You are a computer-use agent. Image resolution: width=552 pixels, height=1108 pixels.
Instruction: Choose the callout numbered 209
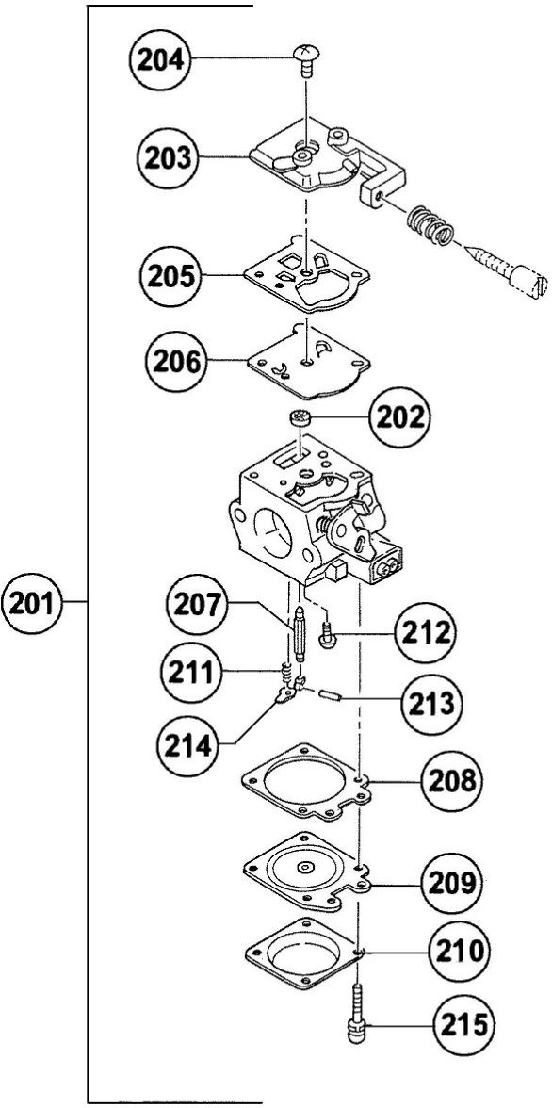click(451, 885)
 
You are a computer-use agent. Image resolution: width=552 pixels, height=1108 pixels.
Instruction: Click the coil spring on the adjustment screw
click(430, 227)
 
